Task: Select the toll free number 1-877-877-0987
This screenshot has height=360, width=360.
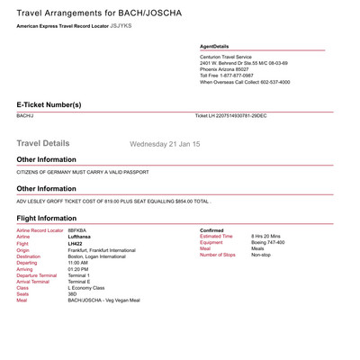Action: tap(243, 76)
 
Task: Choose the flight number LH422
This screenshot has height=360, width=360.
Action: tap(77, 243)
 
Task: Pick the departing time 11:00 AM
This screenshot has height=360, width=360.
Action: tap(78, 262)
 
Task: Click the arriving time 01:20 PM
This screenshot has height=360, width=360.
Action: tap(78, 268)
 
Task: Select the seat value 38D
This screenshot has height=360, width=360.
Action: tap(74, 293)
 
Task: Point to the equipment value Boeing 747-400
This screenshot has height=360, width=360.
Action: tap(267, 243)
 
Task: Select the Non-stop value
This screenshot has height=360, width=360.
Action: tap(260, 256)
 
